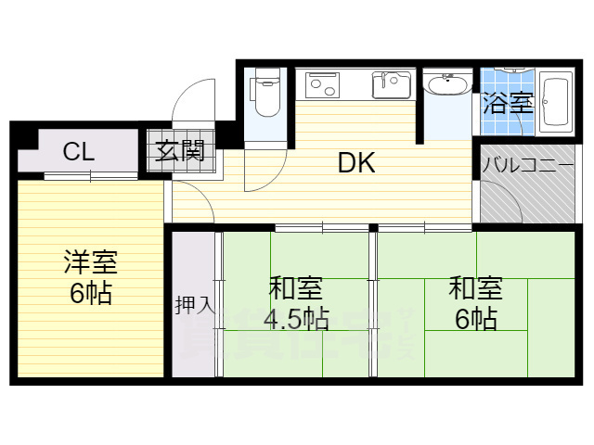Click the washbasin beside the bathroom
click(448, 86)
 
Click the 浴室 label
click(508, 102)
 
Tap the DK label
click(355, 164)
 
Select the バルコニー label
click(521, 166)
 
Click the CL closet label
click(79, 152)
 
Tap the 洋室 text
click(91, 261)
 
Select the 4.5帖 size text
click(296, 320)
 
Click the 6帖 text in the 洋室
click(91, 294)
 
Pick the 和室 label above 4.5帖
click(296, 287)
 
